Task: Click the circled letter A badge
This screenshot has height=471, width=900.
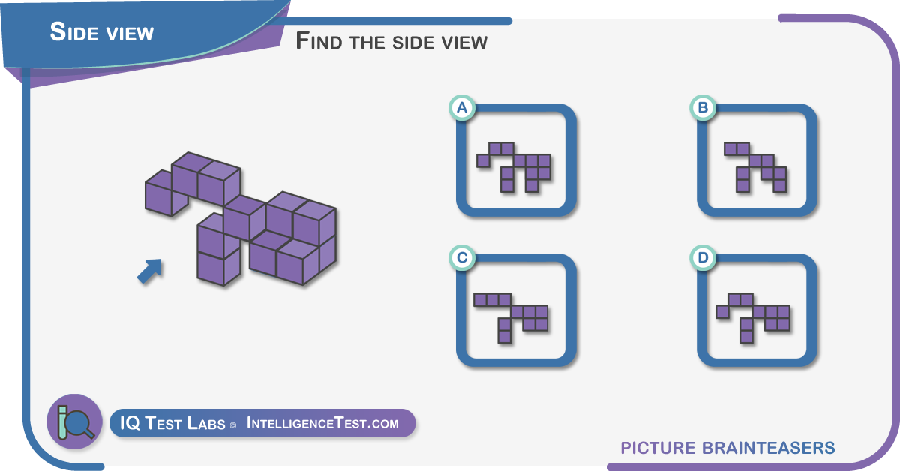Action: tap(462, 108)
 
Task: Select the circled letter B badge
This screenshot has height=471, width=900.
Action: tap(703, 108)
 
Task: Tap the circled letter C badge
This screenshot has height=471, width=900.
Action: tap(462, 257)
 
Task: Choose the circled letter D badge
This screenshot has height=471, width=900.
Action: tap(703, 257)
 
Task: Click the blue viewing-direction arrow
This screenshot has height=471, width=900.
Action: tap(150, 271)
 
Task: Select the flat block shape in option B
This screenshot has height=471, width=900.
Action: tap(755, 167)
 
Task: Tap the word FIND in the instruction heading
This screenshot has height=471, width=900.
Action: tap(319, 41)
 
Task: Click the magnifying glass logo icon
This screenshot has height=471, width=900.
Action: tap(75, 421)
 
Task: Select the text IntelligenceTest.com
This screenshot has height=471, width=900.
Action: tap(322, 423)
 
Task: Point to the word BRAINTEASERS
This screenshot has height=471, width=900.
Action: tap(769, 448)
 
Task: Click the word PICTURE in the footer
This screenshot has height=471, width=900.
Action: tap(658, 448)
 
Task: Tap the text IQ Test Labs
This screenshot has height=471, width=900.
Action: tap(172, 423)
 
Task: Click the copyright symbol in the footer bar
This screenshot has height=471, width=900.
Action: tap(233, 425)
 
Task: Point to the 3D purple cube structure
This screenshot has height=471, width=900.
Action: tap(241, 219)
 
